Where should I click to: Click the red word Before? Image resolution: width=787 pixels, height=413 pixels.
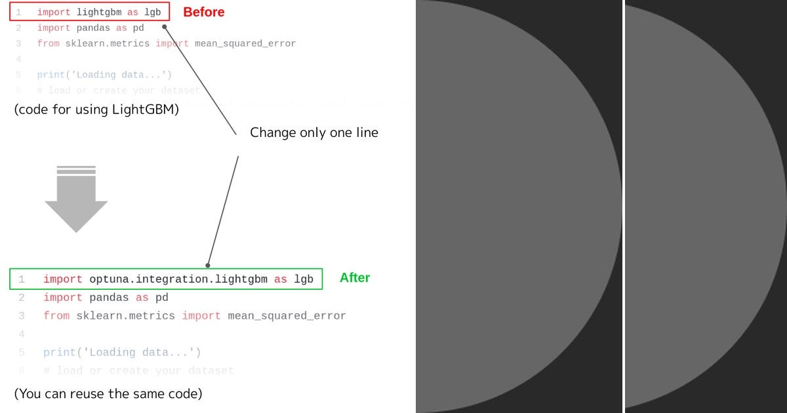[203, 12]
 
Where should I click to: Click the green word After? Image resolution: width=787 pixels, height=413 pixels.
[355, 278]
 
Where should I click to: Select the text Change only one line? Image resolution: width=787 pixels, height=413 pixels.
[314, 132]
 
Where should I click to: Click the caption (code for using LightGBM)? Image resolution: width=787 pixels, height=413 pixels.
[96, 109]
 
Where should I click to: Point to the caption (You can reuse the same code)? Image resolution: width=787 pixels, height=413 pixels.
[108, 394]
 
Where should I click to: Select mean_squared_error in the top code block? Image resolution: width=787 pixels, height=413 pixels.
[245, 44]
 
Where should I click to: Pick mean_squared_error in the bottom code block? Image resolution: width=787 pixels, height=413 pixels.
[287, 316]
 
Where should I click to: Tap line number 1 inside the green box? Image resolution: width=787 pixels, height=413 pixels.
[22, 279]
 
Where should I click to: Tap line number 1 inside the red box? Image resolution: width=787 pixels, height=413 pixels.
[18, 12]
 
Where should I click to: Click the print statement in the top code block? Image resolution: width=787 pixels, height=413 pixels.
[104, 75]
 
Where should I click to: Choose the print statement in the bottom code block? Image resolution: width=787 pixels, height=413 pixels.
[122, 353]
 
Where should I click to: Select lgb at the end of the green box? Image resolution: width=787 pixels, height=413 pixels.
[304, 279]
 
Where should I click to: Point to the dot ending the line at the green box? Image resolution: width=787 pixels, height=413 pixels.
[208, 265]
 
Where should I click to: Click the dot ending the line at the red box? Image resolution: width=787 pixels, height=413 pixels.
[165, 27]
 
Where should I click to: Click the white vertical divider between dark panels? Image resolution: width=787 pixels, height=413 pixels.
[624, 206]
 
